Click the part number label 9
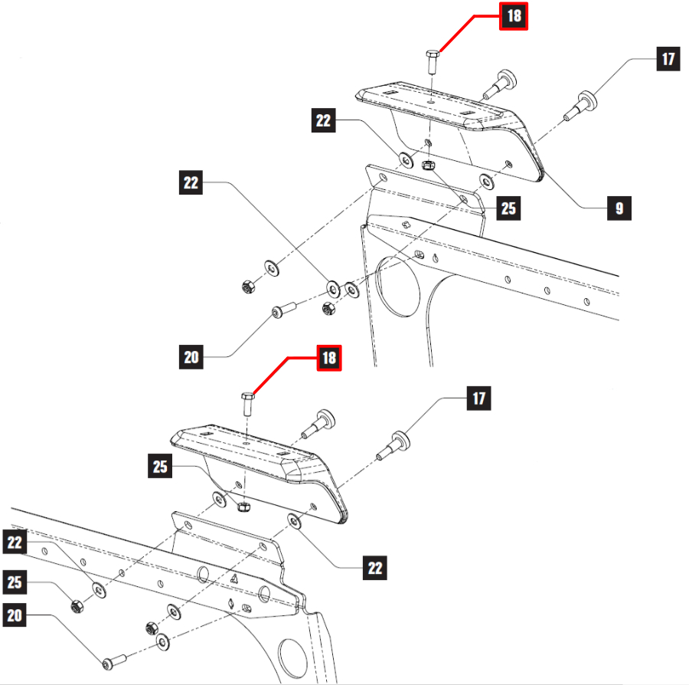pos(619,208)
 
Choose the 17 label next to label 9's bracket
pos(668,59)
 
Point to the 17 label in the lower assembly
pos(478,398)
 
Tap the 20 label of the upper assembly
pos(192,356)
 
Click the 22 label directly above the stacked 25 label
pos(15,542)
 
